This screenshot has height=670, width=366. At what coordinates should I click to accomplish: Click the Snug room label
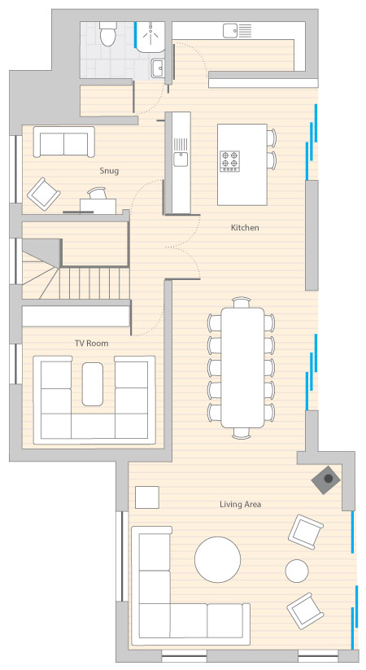109,171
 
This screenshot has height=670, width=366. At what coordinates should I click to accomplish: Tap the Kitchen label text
245,228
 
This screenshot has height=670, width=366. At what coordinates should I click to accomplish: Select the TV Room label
91,343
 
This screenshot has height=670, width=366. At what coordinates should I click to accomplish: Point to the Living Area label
240,505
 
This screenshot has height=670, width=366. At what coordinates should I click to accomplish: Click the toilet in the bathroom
107,34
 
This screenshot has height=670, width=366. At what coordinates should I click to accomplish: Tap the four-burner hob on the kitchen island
229,161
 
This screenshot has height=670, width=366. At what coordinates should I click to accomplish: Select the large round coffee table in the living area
217,560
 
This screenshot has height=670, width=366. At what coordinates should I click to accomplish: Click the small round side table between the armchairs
297,571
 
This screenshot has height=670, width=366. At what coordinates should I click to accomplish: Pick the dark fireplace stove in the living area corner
326,479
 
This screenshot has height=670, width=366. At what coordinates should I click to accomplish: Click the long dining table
242,367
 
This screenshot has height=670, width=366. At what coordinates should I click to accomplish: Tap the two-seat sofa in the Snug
64,142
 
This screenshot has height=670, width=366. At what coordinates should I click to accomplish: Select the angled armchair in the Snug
44,195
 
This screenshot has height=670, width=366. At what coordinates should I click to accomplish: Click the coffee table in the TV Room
92,384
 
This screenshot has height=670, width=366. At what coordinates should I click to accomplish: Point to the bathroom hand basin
158,68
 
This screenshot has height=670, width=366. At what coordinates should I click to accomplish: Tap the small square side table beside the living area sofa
147,497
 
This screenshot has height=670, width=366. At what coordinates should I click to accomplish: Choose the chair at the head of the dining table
242,302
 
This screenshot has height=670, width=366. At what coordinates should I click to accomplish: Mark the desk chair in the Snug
98,193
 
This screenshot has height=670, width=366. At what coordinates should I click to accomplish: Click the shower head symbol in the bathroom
150,32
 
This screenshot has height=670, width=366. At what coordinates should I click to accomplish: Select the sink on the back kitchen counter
230,31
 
